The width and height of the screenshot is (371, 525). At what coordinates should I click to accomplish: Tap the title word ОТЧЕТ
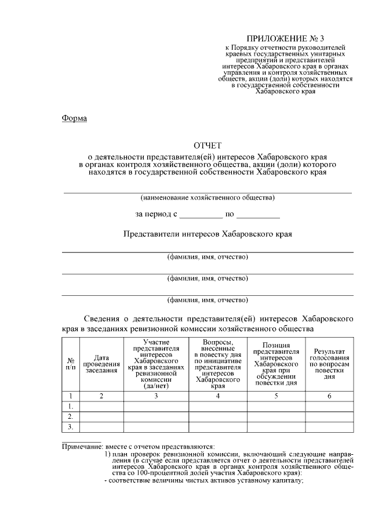point(208,146)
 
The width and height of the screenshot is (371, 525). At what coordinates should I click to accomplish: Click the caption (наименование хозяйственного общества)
point(208,198)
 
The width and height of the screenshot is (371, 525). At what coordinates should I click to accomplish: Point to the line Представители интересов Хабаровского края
point(208,234)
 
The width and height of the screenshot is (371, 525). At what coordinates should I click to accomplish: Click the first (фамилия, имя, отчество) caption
point(208,257)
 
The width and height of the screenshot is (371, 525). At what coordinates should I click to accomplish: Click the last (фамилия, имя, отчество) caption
point(208,300)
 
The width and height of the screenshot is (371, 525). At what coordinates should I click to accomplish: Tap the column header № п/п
point(70,364)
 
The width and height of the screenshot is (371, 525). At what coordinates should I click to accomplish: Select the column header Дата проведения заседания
point(101,364)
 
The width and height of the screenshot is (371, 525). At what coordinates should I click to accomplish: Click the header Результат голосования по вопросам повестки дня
point(329,364)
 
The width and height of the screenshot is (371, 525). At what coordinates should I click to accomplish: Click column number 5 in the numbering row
point(276,396)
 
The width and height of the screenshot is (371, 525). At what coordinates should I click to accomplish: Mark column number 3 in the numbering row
point(155,396)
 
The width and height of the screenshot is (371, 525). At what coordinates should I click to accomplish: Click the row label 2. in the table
point(70,417)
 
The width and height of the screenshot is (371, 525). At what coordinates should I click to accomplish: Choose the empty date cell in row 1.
point(101,406)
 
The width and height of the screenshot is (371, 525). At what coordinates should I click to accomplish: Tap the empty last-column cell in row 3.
point(329,427)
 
